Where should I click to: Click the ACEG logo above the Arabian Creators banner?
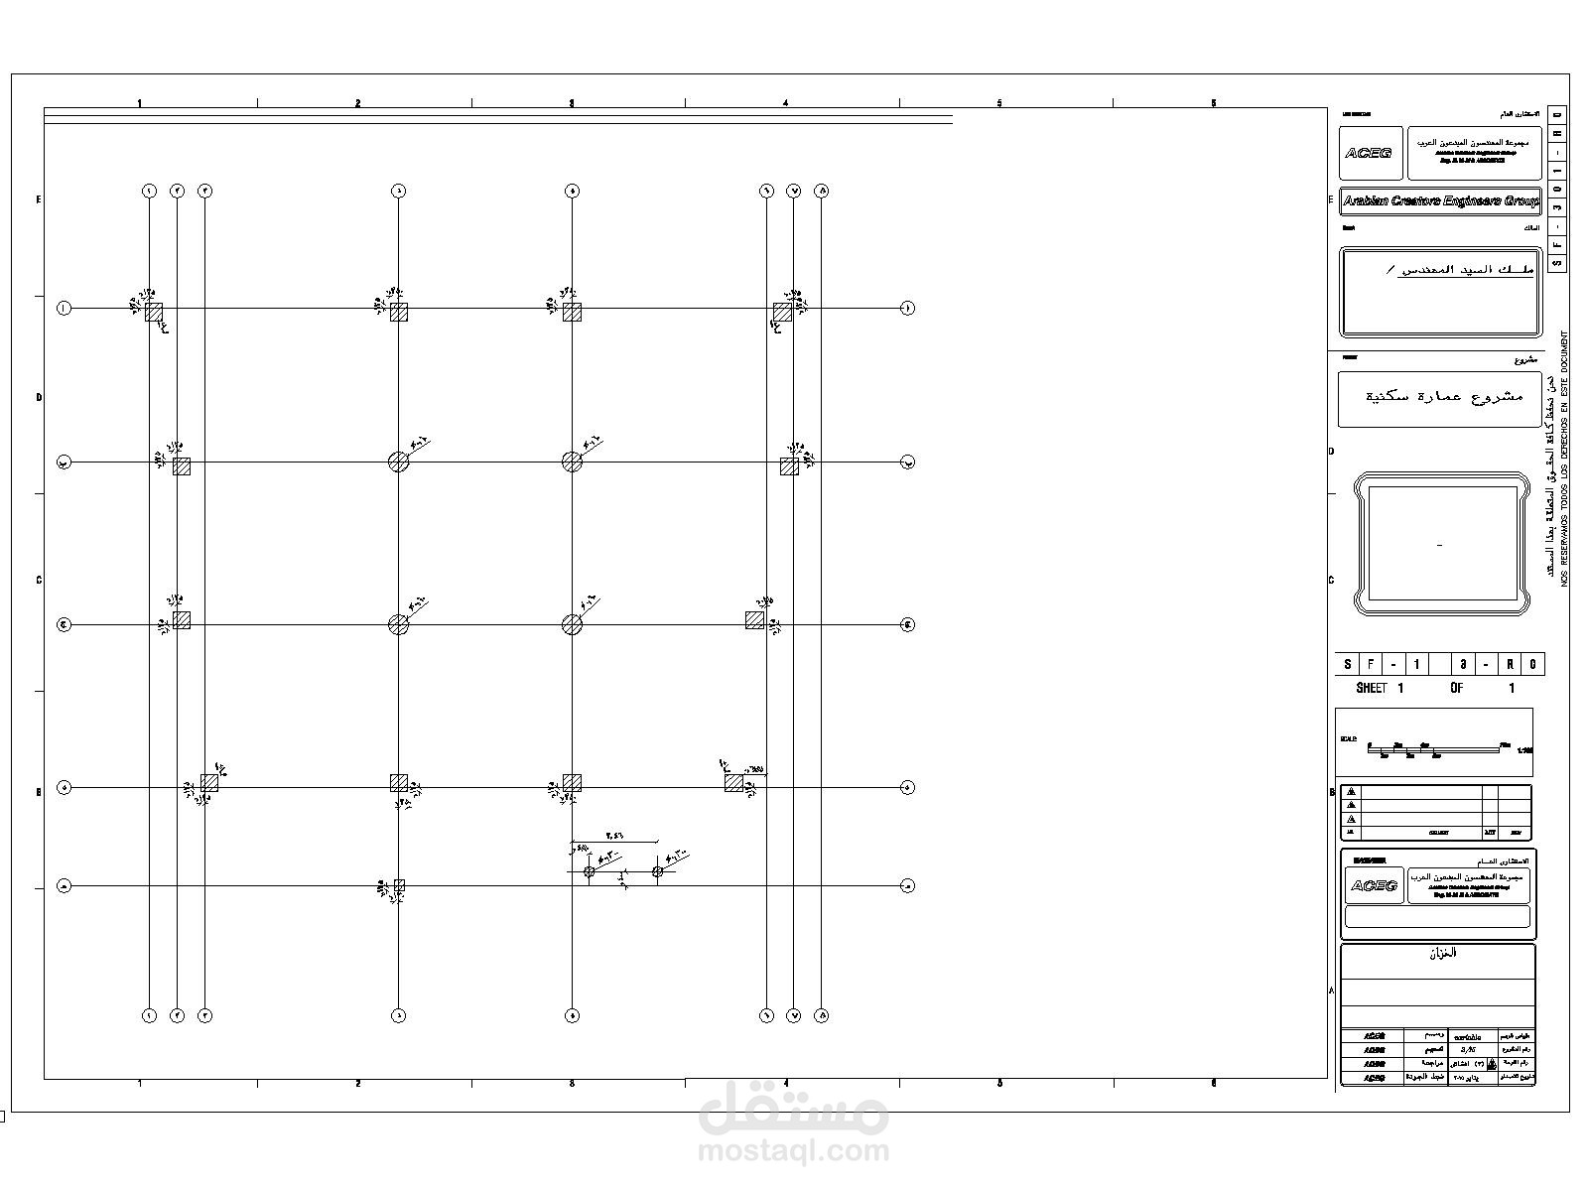[x=1370, y=153]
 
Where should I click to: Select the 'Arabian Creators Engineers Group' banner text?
[x=1439, y=201]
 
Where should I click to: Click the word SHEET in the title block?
[x=1371, y=688]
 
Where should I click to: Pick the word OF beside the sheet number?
[x=1456, y=688]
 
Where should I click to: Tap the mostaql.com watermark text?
[x=794, y=1151]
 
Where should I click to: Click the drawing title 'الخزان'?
[x=1441, y=954]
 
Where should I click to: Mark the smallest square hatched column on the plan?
[x=399, y=885]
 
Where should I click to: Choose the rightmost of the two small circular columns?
[x=657, y=871]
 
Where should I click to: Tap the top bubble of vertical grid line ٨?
[x=822, y=191]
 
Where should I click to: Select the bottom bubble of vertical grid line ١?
[x=149, y=1015]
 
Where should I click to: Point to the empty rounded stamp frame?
[x=1439, y=544]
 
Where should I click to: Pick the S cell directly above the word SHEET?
[x=1347, y=665]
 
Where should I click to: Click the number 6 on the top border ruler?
[x=1213, y=103]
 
